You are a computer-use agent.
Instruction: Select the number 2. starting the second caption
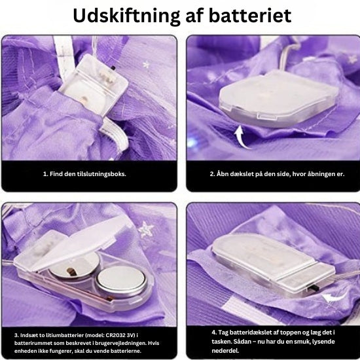click(x=212, y=174)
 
